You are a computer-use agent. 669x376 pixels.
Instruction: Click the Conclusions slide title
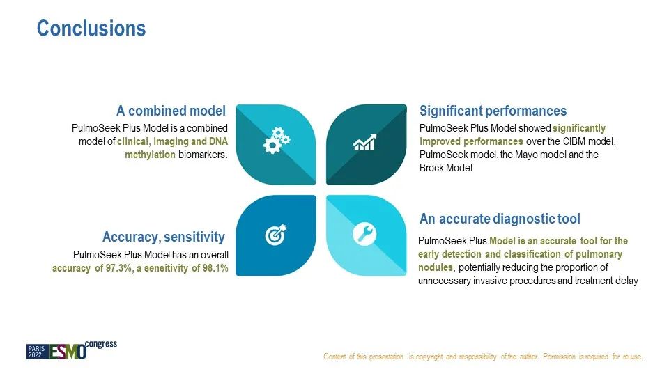91,29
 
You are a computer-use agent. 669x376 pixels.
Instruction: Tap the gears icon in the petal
277,140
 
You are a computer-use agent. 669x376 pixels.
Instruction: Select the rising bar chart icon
364,142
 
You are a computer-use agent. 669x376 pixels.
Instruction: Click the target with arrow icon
276,235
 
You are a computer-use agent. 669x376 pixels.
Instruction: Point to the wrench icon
364,234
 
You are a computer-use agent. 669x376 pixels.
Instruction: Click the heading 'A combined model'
171,111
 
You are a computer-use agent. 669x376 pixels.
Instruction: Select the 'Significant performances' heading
493,111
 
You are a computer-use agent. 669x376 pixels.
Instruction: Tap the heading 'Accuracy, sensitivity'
163,237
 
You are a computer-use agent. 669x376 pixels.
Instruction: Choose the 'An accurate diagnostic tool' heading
500,219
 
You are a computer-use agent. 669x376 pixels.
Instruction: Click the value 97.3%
118,268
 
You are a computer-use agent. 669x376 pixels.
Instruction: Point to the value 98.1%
215,268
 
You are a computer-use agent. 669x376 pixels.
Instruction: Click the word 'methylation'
151,155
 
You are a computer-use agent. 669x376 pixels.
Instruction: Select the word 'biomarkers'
203,155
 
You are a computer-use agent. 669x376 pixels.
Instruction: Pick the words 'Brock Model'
446,168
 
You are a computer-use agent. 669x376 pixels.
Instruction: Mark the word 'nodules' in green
436,267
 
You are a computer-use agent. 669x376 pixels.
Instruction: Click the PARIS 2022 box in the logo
38,352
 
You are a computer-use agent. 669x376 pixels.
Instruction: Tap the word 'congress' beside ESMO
100,344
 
